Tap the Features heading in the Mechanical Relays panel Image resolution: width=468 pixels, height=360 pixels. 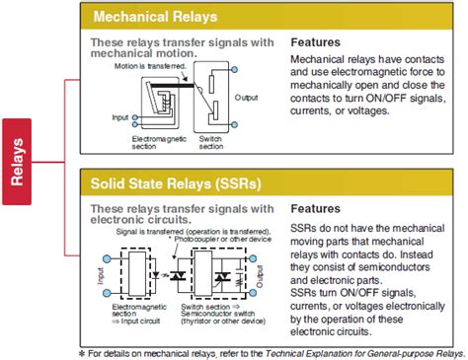point(317,44)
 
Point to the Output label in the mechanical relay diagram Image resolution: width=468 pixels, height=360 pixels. point(249,97)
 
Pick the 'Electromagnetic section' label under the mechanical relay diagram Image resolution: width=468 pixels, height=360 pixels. point(156,145)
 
